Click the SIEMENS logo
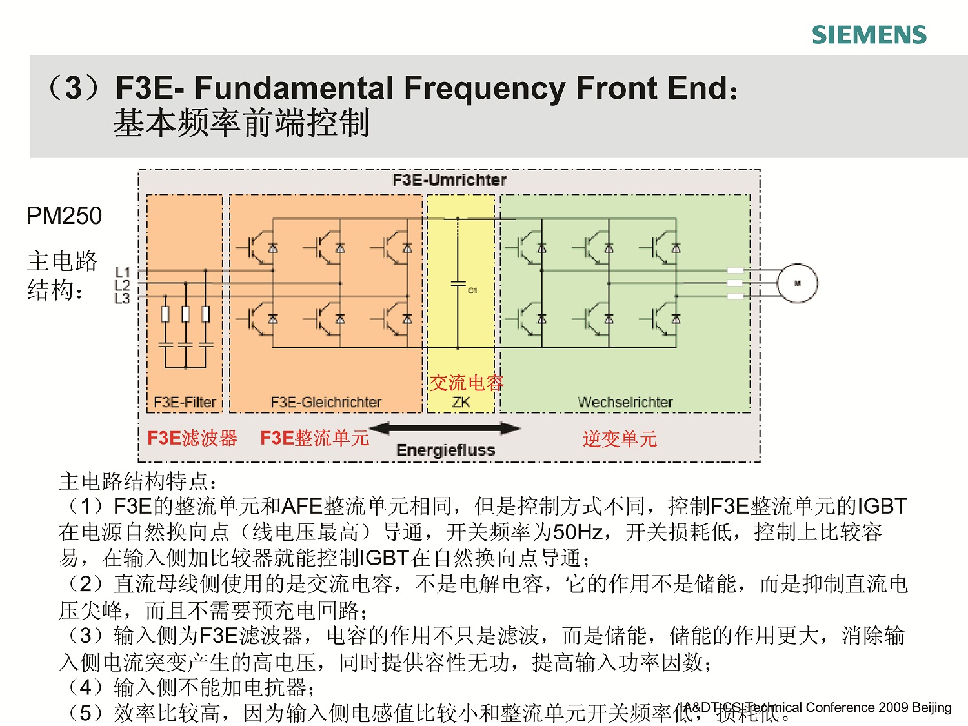coord(869,35)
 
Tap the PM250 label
coord(64,216)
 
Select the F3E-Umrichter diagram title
coord(449,180)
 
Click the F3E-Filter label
coord(185,402)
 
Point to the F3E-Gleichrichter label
coord(326,402)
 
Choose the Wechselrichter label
coord(625,402)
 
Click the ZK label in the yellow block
coord(461,402)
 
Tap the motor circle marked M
coord(797,283)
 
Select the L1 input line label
coord(123,272)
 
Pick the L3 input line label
coord(123,298)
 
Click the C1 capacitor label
coord(472,290)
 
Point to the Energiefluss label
coord(445,450)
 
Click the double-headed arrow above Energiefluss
coord(445,429)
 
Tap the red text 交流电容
coord(466,383)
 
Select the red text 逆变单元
coord(620,439)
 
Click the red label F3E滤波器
coord(192,438)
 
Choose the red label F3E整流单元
coord(314,438)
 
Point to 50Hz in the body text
coord(578,532)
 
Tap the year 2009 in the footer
coord(894,707)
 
